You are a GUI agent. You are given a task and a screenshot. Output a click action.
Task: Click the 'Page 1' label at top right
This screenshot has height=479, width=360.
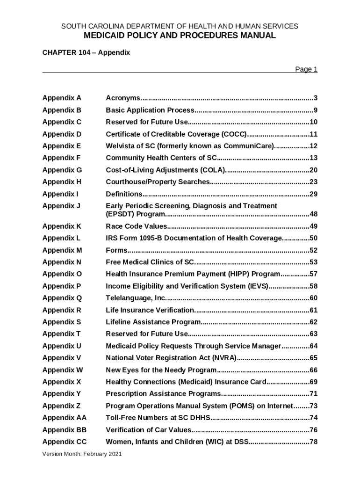tap(306, 69)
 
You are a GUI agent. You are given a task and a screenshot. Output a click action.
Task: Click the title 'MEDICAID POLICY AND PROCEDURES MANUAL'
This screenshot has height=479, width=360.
tap(180, 36)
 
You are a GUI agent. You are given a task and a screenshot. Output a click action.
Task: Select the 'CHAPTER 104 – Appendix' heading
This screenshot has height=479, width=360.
tap(86, 53)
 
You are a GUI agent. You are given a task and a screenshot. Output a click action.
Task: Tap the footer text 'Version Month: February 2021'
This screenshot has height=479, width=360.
tap(82, 454)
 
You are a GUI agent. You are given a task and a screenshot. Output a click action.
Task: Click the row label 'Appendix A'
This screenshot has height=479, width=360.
tap(62, 98)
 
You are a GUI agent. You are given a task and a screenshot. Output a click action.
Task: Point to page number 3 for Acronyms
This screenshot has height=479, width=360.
tap(316, 98)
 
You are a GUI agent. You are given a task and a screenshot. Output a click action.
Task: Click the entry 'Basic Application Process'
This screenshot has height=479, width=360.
tap(150, 110)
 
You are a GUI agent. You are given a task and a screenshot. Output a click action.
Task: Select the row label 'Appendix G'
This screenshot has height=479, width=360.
tap(62, 170)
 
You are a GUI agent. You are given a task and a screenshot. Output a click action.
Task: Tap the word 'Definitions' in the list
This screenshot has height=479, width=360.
tap(124, 194)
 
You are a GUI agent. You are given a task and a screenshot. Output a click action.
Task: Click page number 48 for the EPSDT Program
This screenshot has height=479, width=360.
tap(313, 214)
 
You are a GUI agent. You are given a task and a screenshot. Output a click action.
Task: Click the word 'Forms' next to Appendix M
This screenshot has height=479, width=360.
tap(116, 250)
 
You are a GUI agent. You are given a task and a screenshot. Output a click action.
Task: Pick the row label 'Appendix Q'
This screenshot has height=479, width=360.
tap(62, 298)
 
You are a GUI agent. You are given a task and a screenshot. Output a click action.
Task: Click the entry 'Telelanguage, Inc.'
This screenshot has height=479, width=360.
tap(136, 298)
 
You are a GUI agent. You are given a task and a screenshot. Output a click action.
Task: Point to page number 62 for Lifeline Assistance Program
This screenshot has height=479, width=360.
tap(313, 322)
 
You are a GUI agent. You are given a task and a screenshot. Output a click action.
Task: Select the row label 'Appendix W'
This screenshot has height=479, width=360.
tap(62, 370)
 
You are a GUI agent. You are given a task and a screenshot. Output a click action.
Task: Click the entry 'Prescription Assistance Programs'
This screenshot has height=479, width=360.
tap(163, 394)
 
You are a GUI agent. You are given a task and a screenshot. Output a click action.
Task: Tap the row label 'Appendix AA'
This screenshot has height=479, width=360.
tap(65, 418)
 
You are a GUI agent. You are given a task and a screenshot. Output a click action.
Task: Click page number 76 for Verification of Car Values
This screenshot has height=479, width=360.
tap(313, 430)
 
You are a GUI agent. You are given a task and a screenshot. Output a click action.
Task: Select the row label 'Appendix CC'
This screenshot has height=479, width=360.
tap(65, 442)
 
